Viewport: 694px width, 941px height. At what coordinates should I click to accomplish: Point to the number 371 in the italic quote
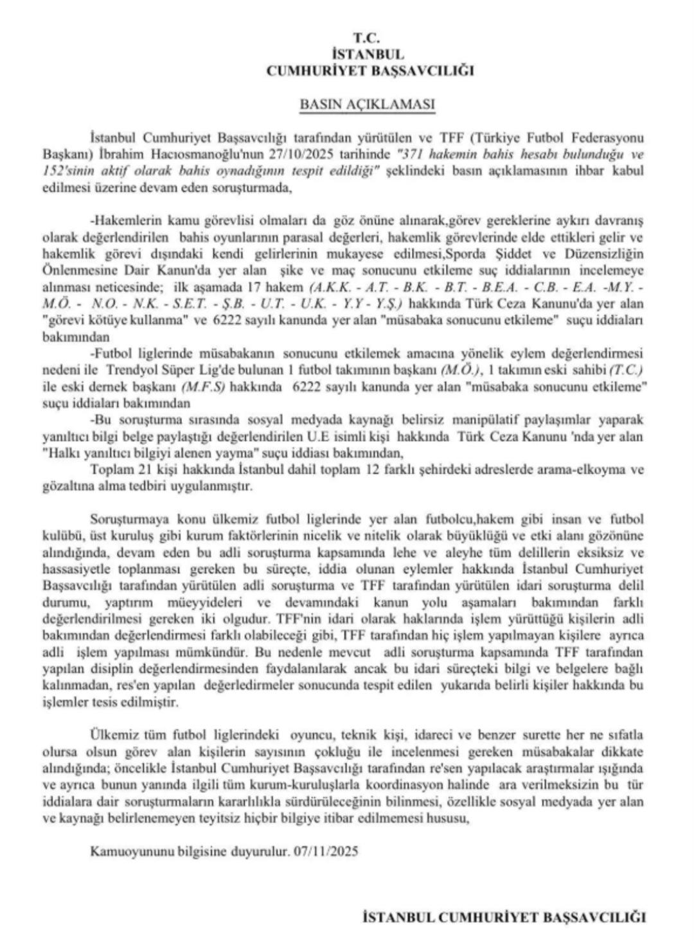413,155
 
